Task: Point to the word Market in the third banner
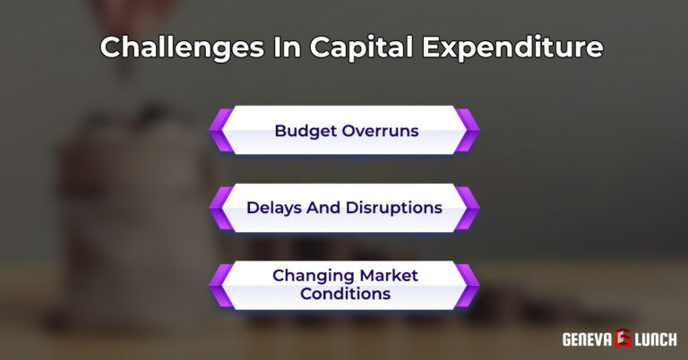pyautogui.click(x=389, y=275)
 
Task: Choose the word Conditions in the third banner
pyautogui.click(x=344, y=294)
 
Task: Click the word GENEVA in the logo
pyautogui.click(x=587, y=339)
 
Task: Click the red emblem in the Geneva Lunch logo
pyautogui.click(x=621, y=339)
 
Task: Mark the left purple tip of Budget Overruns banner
pyautogui.click(x=219, y=130)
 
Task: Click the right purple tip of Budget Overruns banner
pyautogui.click(x=468, y=130)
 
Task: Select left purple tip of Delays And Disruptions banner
pyautogui.click(x=219, y=208)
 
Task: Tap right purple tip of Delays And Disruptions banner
pyautogui.click(x=468, y=208)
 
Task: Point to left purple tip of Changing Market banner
pyautogui.click(x=219, y=285)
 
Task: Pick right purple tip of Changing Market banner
pyautogui.click(x=468, y=285)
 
